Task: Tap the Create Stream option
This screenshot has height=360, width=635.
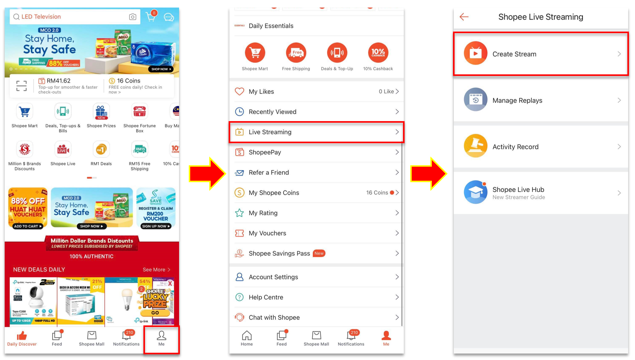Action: (x=540, y=54)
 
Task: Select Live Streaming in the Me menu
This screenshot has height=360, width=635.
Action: (x=316, y=132)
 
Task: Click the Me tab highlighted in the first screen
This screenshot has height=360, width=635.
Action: (x=161, y=339)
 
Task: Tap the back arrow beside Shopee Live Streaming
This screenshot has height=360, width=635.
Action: (x=464, y=17)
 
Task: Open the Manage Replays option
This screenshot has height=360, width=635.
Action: (x=540, y=100)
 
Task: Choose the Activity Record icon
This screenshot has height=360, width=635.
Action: (x=475, y=146)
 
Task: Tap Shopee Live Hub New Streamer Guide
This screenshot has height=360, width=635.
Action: (x=540, y=193)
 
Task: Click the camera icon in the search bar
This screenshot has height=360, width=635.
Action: (x=133, y=17)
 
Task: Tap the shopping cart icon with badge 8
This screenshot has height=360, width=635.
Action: (x=151, y=17)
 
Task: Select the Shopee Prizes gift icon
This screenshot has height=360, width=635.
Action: (x=101, y=112)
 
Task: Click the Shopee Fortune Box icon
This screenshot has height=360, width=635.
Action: (x=140, y=112)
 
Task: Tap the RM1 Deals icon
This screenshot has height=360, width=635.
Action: (x=101, y=149)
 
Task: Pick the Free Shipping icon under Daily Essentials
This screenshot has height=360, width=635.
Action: (x=296, y=53)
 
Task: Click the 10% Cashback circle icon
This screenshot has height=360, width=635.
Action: (x=378, y=53)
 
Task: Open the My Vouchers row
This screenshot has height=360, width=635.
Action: (x=316, y=233)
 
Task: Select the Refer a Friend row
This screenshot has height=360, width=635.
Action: (x=316, y=173)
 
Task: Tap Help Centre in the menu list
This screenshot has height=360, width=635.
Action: (x=316, y=297)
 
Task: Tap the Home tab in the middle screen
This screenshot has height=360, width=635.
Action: (x=247, y=338)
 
